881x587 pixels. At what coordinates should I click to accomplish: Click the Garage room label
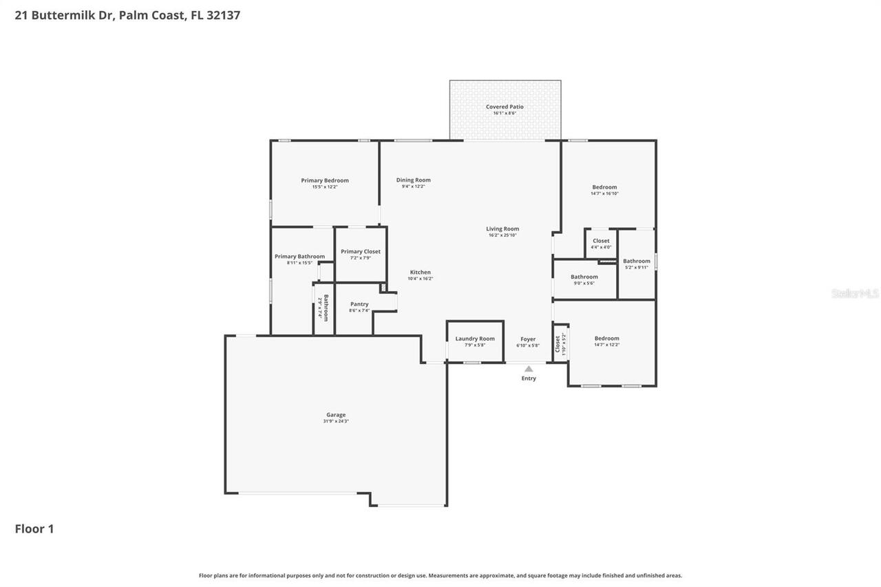coord(336,415)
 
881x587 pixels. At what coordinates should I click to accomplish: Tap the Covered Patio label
coord(505,107)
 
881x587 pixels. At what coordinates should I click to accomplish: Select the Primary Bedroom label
coord(325,180)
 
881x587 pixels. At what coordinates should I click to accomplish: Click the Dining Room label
coord(413,180)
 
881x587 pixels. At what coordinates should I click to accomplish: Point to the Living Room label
coord(502,229)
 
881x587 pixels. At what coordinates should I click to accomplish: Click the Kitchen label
coord(420,273)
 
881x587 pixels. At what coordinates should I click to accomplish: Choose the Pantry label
coord(359,304)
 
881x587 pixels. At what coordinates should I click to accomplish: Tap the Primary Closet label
coord(361,252)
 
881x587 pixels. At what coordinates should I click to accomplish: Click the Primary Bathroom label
coord(299,257)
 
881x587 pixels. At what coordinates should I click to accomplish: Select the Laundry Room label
coord(475,339)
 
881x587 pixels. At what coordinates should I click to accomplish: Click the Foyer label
coord(528,339)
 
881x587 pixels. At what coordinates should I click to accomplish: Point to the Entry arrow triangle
coord(529,370)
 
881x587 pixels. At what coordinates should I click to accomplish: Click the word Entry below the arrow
coord(529,378)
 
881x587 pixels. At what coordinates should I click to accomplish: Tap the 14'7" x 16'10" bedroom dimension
coord(605,194)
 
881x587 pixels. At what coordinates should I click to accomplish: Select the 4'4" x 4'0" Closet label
coord(601,242)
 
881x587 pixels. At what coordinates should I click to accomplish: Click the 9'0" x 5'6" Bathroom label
coord(584,277)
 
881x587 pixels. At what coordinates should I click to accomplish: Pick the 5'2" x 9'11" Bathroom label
coord(637,262)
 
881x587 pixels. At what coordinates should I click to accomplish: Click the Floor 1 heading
coord(34,529)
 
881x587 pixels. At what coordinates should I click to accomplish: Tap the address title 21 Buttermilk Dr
coord(65,15)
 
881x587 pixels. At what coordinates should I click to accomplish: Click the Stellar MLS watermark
coord(855,294)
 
